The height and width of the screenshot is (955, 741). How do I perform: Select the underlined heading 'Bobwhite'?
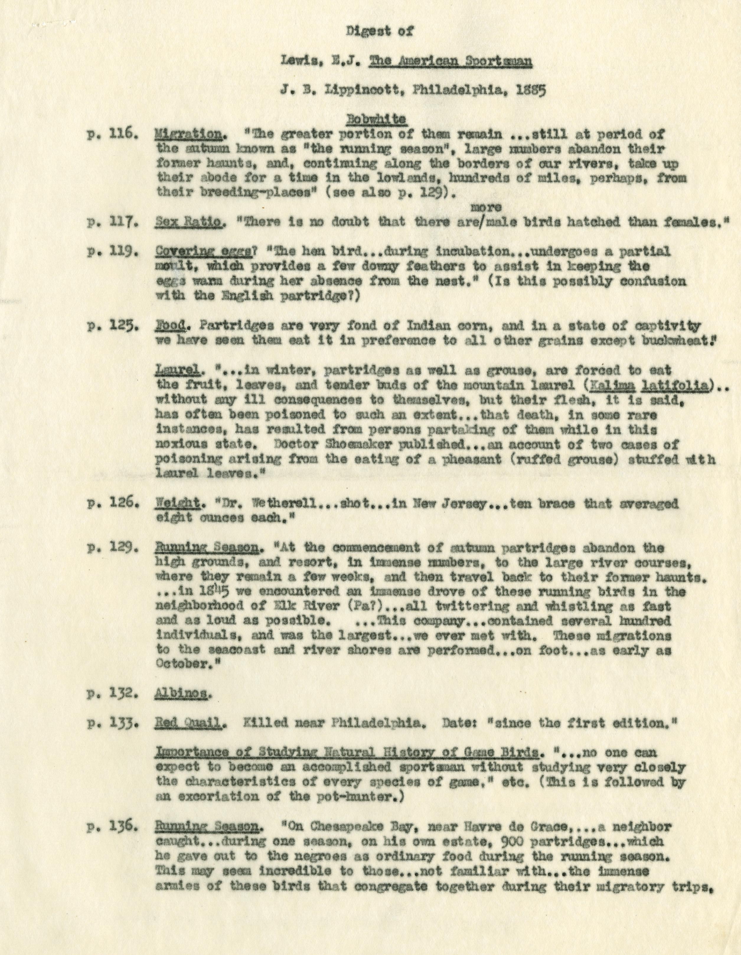[376, 119]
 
